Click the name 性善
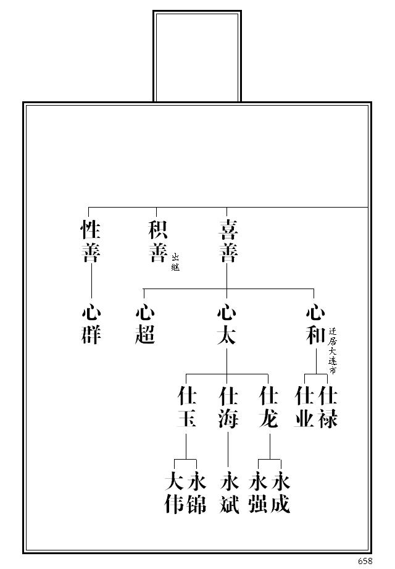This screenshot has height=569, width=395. [91, 242]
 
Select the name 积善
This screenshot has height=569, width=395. [158, 242]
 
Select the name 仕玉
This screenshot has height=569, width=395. [186, 407]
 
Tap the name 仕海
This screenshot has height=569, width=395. [228, 407]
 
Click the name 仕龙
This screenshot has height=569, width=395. [269, 407]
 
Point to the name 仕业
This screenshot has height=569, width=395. [304, 407]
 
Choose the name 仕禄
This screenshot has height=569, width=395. [327, 407]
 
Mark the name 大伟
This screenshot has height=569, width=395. [175, 493]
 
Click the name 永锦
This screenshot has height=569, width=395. [196, 493]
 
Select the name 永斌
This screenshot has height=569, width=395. [229, 493]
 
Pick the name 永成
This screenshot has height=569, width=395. [281, 493]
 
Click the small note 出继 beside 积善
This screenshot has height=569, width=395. [175, 263]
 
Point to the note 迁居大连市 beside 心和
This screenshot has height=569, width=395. [333, 350]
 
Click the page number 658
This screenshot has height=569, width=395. [365, 561]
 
